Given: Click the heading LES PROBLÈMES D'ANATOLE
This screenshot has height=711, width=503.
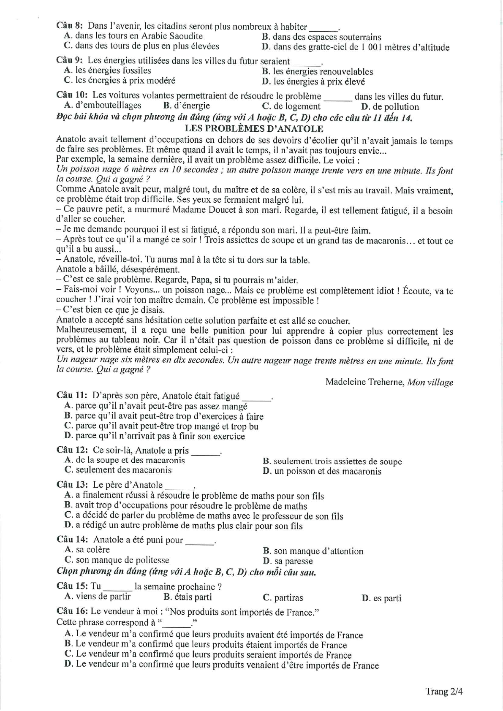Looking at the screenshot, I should pos(254,129).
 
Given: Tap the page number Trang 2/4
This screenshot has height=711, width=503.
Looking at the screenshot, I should pos(444,691).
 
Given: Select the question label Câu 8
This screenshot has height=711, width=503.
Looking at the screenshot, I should pos(69,26).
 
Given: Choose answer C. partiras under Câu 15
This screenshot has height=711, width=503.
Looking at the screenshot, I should pos(283,597).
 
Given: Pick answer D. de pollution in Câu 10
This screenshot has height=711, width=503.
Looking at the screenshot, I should pos(390,107).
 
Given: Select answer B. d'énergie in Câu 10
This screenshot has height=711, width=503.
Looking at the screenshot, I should pos(186,106).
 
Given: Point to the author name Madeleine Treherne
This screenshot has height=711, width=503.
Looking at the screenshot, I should pos(365,382).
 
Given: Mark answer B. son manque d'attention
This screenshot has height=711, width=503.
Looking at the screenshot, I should pos(313,551).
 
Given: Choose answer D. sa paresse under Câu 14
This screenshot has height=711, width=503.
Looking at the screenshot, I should pos(288,561).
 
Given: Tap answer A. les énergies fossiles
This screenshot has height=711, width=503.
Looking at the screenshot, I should pos(107,71).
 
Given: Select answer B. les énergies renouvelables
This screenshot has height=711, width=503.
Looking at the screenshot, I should pos(317,72).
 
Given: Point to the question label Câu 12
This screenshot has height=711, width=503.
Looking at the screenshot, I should pos(72,450).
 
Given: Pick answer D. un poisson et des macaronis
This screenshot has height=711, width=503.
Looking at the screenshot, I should pos(322,471).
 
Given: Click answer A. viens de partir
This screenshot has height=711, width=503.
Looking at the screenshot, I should pos(98,596).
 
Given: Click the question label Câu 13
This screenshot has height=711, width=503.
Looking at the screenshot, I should pos(72,485).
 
